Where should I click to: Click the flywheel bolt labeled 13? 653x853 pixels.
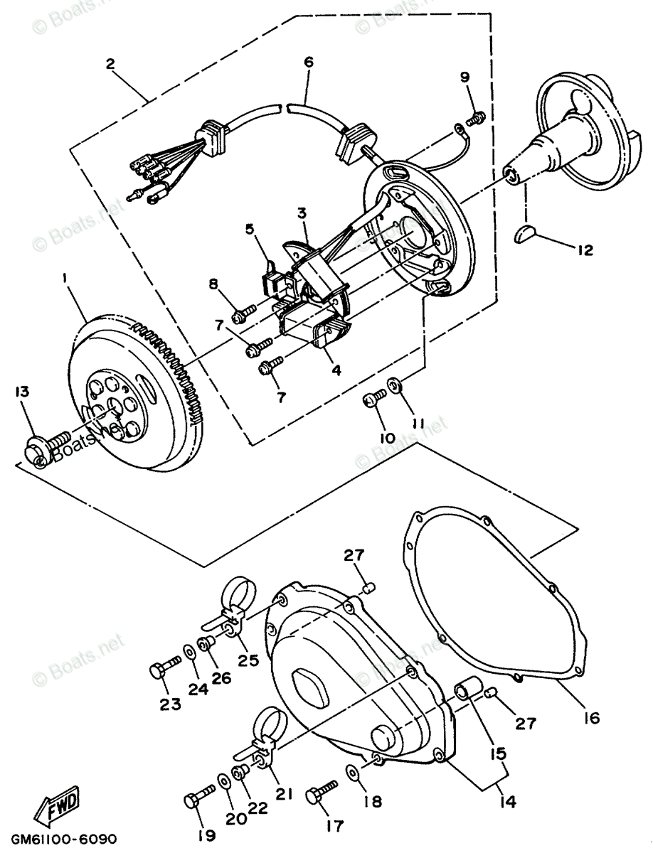coord(47,444)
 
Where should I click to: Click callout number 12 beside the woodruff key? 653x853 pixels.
coord(584,250)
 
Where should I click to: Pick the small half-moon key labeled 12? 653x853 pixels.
coord(525,234)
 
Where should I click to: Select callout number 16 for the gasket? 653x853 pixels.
coord(592,718)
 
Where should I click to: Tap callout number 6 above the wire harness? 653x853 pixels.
coord(308,63)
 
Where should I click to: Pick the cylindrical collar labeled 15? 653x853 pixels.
coord(467,691)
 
